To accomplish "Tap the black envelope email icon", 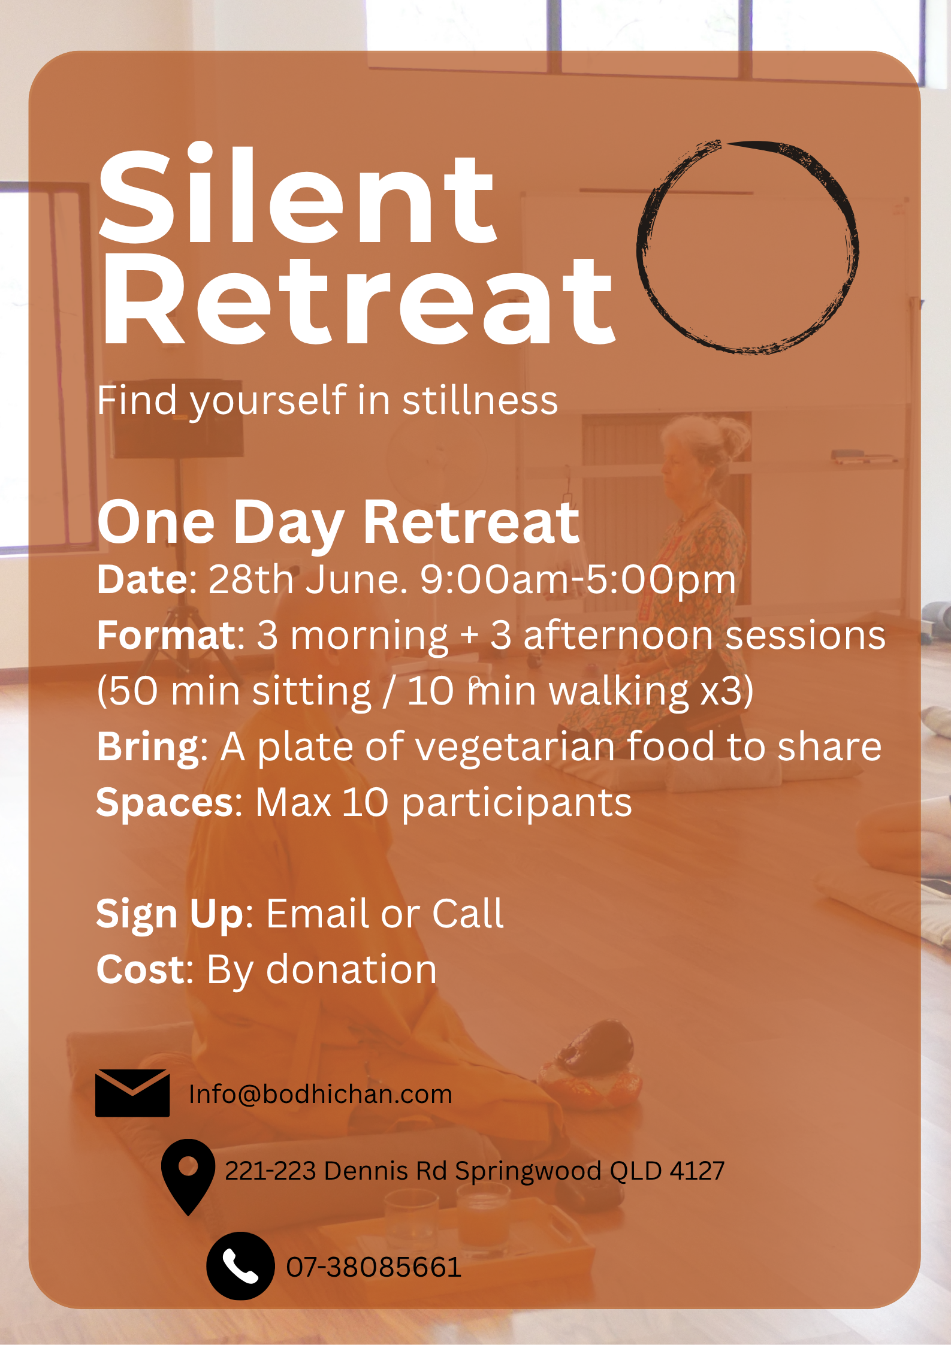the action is (132, 1093).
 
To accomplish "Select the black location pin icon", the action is (188, 1177).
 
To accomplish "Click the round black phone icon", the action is (240, 1266).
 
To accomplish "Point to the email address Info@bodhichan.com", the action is (321, 1094).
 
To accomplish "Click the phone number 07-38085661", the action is (373, 1267).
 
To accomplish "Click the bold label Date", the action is (143, 579).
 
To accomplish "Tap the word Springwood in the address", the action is (528, 1171).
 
